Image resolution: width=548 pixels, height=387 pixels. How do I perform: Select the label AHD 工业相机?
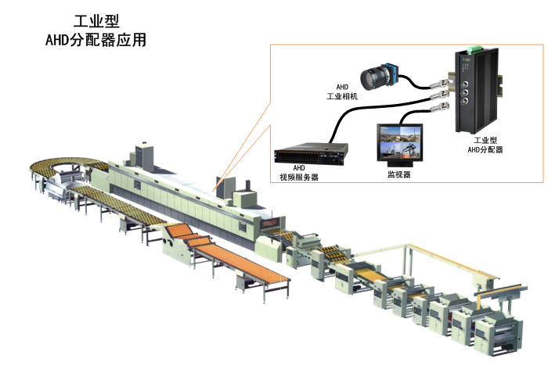[x=342, y=91]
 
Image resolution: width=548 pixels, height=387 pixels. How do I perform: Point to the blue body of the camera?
[x=392, y=75]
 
